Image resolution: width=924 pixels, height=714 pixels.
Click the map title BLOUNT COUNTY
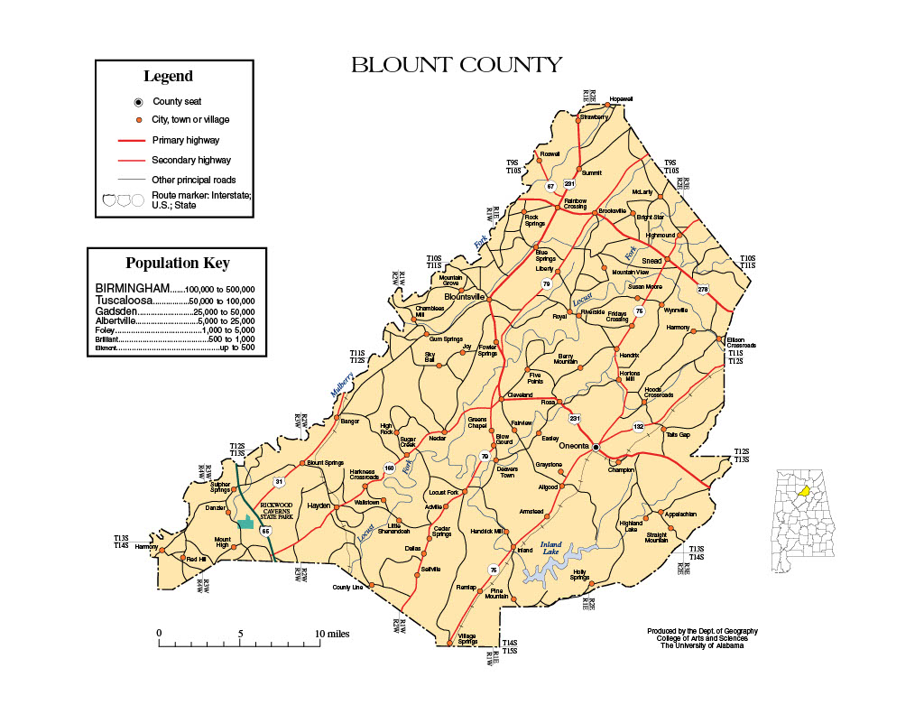point(456,65)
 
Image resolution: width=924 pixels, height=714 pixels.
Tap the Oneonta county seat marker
point(596,447)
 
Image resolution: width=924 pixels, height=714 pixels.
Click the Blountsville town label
point(465,296)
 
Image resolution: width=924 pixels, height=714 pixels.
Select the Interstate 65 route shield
point(265,532)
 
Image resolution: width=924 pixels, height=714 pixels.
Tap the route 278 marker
point(703,289)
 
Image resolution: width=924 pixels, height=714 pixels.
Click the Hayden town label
point(319,506)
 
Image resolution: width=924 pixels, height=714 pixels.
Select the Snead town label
point(651,261)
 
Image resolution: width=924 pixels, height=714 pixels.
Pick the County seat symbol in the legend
point(138,102)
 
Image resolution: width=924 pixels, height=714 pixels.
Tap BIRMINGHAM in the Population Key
point(132,289)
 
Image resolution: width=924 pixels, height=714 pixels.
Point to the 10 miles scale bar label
point(331,634)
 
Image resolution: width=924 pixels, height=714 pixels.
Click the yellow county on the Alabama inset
point(802,493)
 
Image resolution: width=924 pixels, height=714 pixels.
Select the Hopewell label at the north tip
point(621,98)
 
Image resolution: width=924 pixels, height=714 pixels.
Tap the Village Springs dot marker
point(448,644)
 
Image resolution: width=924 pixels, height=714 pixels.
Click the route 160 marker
point(389,468)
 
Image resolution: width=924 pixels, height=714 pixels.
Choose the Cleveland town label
point(519,395)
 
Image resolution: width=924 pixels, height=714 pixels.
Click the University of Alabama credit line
point(702,645)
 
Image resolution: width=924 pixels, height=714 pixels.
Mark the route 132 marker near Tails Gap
point(639,427)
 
